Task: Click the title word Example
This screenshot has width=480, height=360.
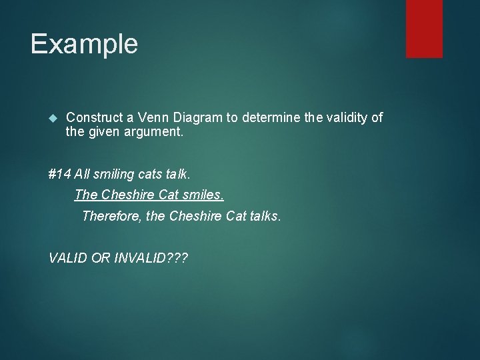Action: click(84, 44)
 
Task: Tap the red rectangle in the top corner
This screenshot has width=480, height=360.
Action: click(424, 28)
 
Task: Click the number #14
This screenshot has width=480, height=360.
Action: click(60, 175)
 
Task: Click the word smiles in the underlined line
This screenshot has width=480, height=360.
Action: click(205, 195)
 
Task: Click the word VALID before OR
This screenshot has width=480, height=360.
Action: click(68, 257)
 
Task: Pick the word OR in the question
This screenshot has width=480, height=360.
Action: click(101, 257)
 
